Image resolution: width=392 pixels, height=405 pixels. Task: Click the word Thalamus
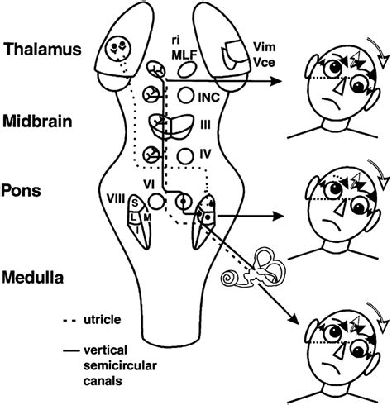(42, 50)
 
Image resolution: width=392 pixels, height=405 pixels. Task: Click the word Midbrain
(37, 121)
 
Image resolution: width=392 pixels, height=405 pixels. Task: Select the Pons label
(21, 190)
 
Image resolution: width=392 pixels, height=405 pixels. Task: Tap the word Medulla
(33, 277)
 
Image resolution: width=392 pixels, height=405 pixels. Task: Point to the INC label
(209, 98)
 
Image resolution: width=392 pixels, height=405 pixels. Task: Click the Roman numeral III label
(205, 126)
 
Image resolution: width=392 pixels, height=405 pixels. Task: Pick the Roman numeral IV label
(205, 155)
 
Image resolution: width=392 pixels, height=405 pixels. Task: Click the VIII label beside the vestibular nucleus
(116, 198)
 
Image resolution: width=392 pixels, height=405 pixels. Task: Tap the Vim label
(264, 47)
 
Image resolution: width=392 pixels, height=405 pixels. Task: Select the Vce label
(264, 63)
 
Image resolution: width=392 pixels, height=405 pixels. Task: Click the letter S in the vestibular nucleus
(135, 203)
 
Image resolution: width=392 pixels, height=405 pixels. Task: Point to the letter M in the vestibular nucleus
(147, 217)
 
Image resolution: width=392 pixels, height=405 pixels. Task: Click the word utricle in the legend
(102, 320)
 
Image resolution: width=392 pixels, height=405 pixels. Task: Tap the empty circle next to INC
(186, 95)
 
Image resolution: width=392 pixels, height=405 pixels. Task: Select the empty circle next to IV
(185, 156)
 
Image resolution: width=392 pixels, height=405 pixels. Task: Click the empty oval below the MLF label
(187, 69)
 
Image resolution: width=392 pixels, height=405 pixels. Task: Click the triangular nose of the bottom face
(340, 350)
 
